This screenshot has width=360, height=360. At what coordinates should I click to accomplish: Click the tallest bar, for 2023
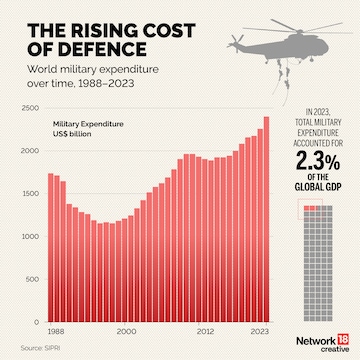267,220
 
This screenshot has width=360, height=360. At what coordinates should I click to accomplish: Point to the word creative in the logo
325,343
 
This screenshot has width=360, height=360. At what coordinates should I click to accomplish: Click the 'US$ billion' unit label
73,132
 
